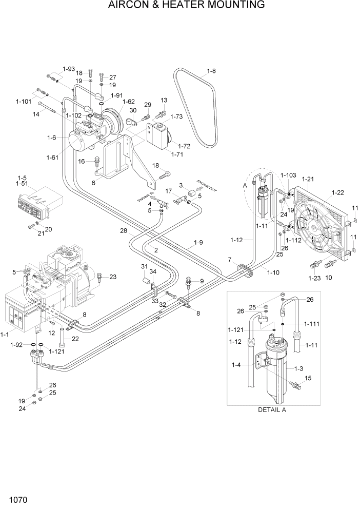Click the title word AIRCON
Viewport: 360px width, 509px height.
coord(131,6)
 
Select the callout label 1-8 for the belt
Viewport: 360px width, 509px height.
coord(211,71)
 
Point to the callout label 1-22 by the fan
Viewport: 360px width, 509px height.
coord(338,192)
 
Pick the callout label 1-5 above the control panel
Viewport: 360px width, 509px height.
coord(22,178)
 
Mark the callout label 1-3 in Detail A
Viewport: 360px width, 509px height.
coord(299,368)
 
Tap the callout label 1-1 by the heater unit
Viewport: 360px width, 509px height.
coord(5,334)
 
